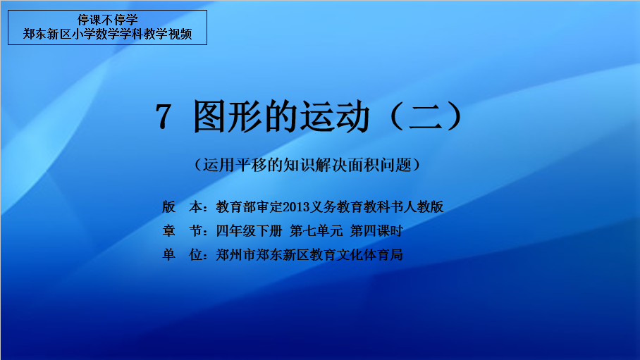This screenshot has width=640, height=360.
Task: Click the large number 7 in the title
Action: [164, 117]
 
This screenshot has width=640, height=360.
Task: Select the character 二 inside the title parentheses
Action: [426, 116]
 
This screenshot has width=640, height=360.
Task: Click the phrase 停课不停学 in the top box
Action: [108, 20]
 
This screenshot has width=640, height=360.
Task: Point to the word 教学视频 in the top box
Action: [168, 34]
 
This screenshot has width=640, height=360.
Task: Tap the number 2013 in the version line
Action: [296, 207]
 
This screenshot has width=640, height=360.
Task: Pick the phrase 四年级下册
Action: [249, 231]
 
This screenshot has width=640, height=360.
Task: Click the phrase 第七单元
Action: [316, 231]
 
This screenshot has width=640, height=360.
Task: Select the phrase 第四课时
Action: [376, 231]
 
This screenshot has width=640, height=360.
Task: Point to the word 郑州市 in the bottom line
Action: [236, 255]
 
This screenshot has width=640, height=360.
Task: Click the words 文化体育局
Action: [369, 255]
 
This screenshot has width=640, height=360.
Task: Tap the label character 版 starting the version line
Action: [168, 207]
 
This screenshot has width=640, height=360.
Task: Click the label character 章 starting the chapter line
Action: [168, 231]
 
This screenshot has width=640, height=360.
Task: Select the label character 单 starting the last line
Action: [168, 255]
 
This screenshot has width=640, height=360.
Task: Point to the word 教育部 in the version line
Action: [236, 207]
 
